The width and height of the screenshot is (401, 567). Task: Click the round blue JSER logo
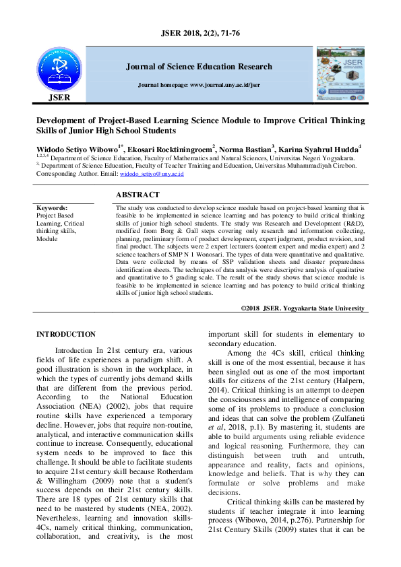[59, 70]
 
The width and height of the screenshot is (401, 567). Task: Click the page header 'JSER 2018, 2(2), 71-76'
[200, 32]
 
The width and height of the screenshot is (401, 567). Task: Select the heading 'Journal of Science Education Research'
[199, 67]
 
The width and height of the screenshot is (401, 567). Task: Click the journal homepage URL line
[199, 86]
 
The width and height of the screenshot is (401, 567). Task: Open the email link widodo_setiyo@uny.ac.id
[152, 174]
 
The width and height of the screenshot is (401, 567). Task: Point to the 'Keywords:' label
[52, 209]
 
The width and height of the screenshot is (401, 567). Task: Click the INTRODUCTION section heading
[66, 335]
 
